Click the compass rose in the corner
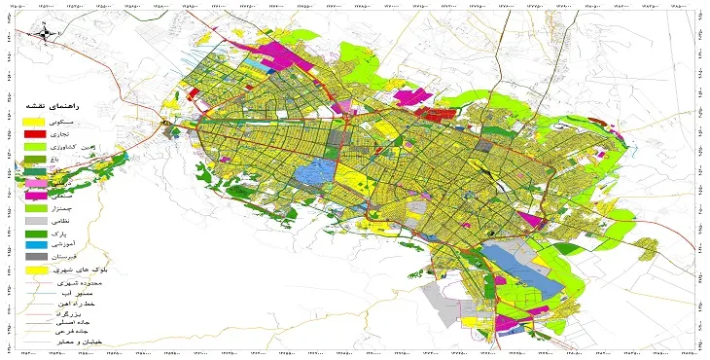pos(45,35)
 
